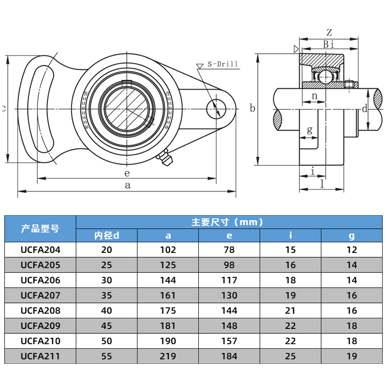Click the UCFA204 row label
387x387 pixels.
[40, 250]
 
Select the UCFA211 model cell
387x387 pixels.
[40, 357]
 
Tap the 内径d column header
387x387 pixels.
[106, 236]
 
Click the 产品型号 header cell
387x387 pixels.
[40, 228]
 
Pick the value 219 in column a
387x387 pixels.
[168, 357]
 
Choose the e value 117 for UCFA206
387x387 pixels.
[229, 280]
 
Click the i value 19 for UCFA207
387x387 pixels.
[290, 295]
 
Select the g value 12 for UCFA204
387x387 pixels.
[352, 250]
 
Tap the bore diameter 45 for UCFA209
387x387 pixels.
[106, 326]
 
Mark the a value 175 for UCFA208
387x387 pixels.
[168, 311]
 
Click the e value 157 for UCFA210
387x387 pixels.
[229, 341]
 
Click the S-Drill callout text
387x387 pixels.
[223, 64]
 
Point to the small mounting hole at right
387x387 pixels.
[215, 109]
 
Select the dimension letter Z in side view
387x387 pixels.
[328, 33]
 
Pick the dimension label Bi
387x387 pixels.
[328, 45]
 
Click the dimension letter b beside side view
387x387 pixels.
[252, 108]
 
